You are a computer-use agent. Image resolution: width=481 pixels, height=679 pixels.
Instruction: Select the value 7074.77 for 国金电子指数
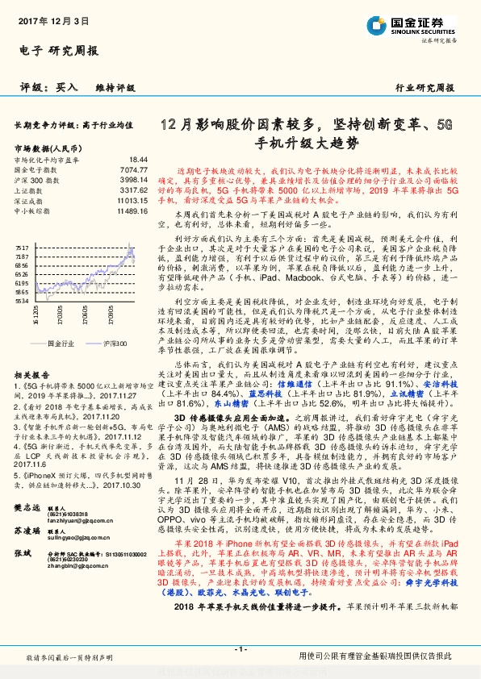coord(134,170)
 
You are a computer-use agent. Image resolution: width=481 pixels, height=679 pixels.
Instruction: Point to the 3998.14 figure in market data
coord(134,180)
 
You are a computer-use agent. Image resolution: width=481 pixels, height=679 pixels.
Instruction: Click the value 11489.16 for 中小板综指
coord(132,209)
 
